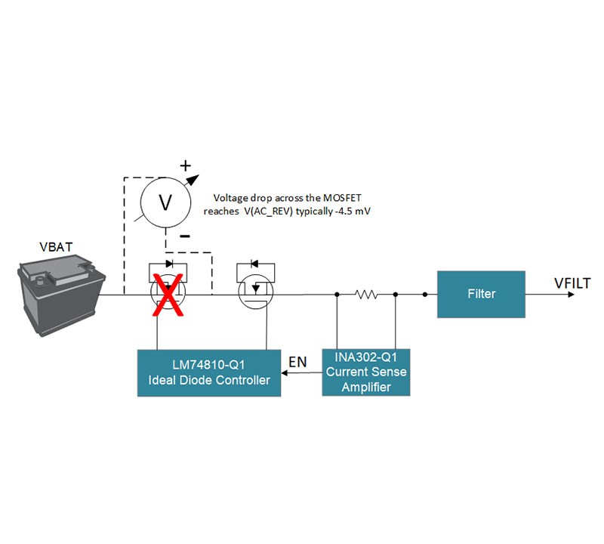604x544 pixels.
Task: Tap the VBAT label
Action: click(58, 247)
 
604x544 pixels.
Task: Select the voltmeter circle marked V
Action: click(166, 200)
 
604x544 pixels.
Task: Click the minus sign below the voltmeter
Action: click(185, 236)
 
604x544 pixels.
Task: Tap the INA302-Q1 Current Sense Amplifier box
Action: click(366, 372)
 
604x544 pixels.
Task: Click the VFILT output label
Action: click(572, 283)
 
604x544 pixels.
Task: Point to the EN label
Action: click(297, 362)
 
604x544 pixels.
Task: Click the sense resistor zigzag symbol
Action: click(366, 295)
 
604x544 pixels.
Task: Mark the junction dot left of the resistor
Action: click(336, 295)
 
